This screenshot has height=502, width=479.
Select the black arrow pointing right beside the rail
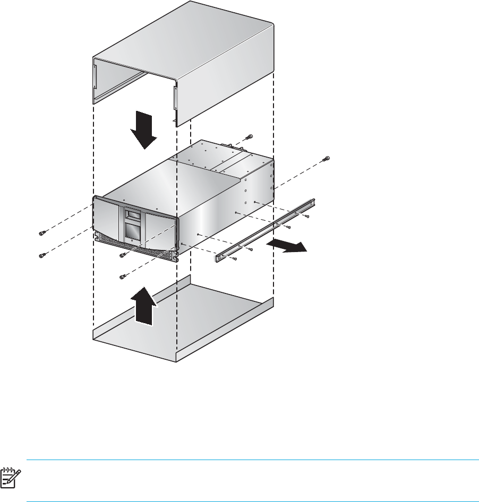287,246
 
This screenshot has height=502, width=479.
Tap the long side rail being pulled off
266,230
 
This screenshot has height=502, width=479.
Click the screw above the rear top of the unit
250,137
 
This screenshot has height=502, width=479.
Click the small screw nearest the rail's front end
235,258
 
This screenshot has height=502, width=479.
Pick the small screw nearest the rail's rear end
307,216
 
